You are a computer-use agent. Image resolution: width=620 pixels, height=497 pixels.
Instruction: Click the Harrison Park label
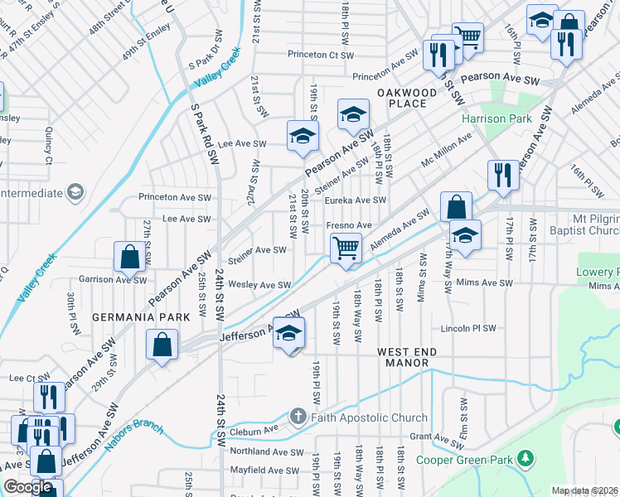[496, 118]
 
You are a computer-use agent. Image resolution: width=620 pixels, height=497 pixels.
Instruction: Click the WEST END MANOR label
[408, 358]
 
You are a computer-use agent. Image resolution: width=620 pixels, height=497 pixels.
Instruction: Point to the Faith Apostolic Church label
[369, 417]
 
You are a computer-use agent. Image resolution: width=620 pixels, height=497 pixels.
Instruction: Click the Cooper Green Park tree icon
[524, 457]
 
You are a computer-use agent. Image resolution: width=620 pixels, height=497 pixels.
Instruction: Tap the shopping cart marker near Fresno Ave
[346, 248]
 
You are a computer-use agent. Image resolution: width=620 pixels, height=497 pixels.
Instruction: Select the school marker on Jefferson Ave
[288, 333]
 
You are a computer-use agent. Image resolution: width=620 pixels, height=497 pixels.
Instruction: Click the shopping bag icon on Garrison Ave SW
[130, 257]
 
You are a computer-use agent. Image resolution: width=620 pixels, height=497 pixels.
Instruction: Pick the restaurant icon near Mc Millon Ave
[503, 175]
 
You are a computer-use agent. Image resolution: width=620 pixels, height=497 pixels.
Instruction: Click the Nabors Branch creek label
[134, 433]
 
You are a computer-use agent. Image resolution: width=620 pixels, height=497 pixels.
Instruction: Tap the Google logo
[27, 487]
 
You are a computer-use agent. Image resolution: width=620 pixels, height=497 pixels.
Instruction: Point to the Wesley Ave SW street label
[259, 285]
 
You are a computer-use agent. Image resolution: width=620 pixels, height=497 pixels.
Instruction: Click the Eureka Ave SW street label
[355, 200]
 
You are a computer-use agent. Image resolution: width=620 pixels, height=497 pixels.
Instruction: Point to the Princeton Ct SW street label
[321, 55]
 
